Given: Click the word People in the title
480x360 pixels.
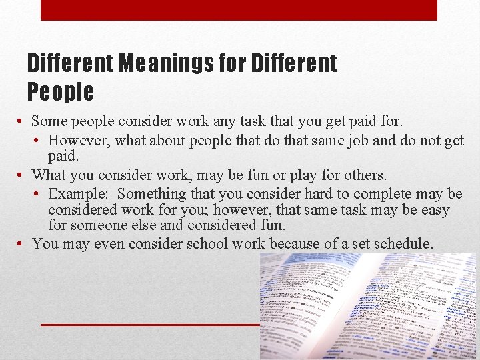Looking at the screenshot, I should (61, 91).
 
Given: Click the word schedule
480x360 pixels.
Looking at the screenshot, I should (401, 244).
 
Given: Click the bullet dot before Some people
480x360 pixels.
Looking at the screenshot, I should (22, 122).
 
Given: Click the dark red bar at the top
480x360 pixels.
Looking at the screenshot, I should (239, 10).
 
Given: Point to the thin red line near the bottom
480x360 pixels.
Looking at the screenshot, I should (150, 324).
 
